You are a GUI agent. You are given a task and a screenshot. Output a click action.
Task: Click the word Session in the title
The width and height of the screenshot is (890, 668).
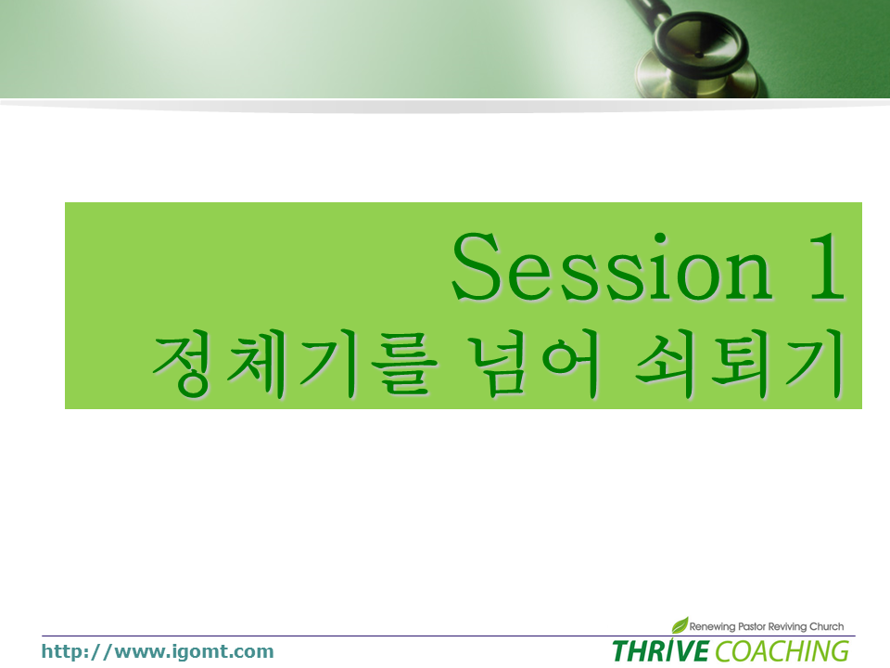coord(612,266)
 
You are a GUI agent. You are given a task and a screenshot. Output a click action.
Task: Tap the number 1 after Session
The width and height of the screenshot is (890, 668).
coord(827,266)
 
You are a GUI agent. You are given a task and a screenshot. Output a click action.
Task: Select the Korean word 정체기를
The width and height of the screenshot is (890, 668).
coord(295,364)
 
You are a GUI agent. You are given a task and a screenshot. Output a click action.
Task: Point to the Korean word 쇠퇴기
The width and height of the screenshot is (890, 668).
coord(740,364)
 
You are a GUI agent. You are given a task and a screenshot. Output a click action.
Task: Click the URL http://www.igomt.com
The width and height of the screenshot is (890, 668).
coord(158,651)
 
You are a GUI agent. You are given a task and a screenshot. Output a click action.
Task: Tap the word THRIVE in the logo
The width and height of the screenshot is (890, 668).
coord(661,651)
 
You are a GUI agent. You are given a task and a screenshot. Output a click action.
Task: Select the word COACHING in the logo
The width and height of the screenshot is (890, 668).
coord(782,651)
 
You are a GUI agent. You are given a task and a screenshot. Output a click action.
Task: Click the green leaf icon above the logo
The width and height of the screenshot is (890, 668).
coord(680,624)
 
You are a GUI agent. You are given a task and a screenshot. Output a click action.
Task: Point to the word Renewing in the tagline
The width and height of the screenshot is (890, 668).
coord(712,626)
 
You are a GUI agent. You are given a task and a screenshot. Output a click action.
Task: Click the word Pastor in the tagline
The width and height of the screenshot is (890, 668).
coord(752,626)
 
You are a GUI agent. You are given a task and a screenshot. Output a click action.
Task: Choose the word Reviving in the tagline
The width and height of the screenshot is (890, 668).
coord(787,626)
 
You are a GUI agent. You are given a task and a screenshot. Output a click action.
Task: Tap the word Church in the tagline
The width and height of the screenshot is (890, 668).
coord(826,626)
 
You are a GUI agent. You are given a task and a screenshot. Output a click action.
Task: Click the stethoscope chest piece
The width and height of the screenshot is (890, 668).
coord(699,57)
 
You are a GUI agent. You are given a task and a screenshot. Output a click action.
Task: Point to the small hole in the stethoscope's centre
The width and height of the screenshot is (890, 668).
coord(699,55)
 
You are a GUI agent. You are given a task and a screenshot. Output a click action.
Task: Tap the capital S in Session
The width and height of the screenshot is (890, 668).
coord(476,266)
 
